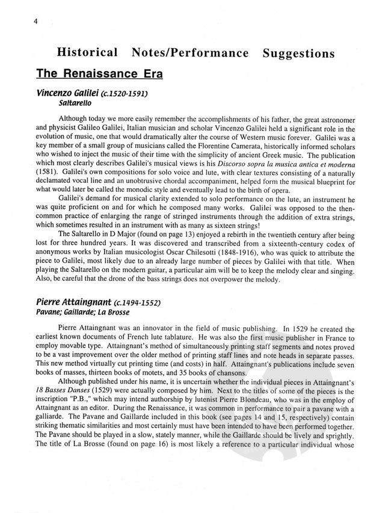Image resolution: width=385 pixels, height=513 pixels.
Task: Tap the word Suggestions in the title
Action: pyautogui.click(x=298, y=54)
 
